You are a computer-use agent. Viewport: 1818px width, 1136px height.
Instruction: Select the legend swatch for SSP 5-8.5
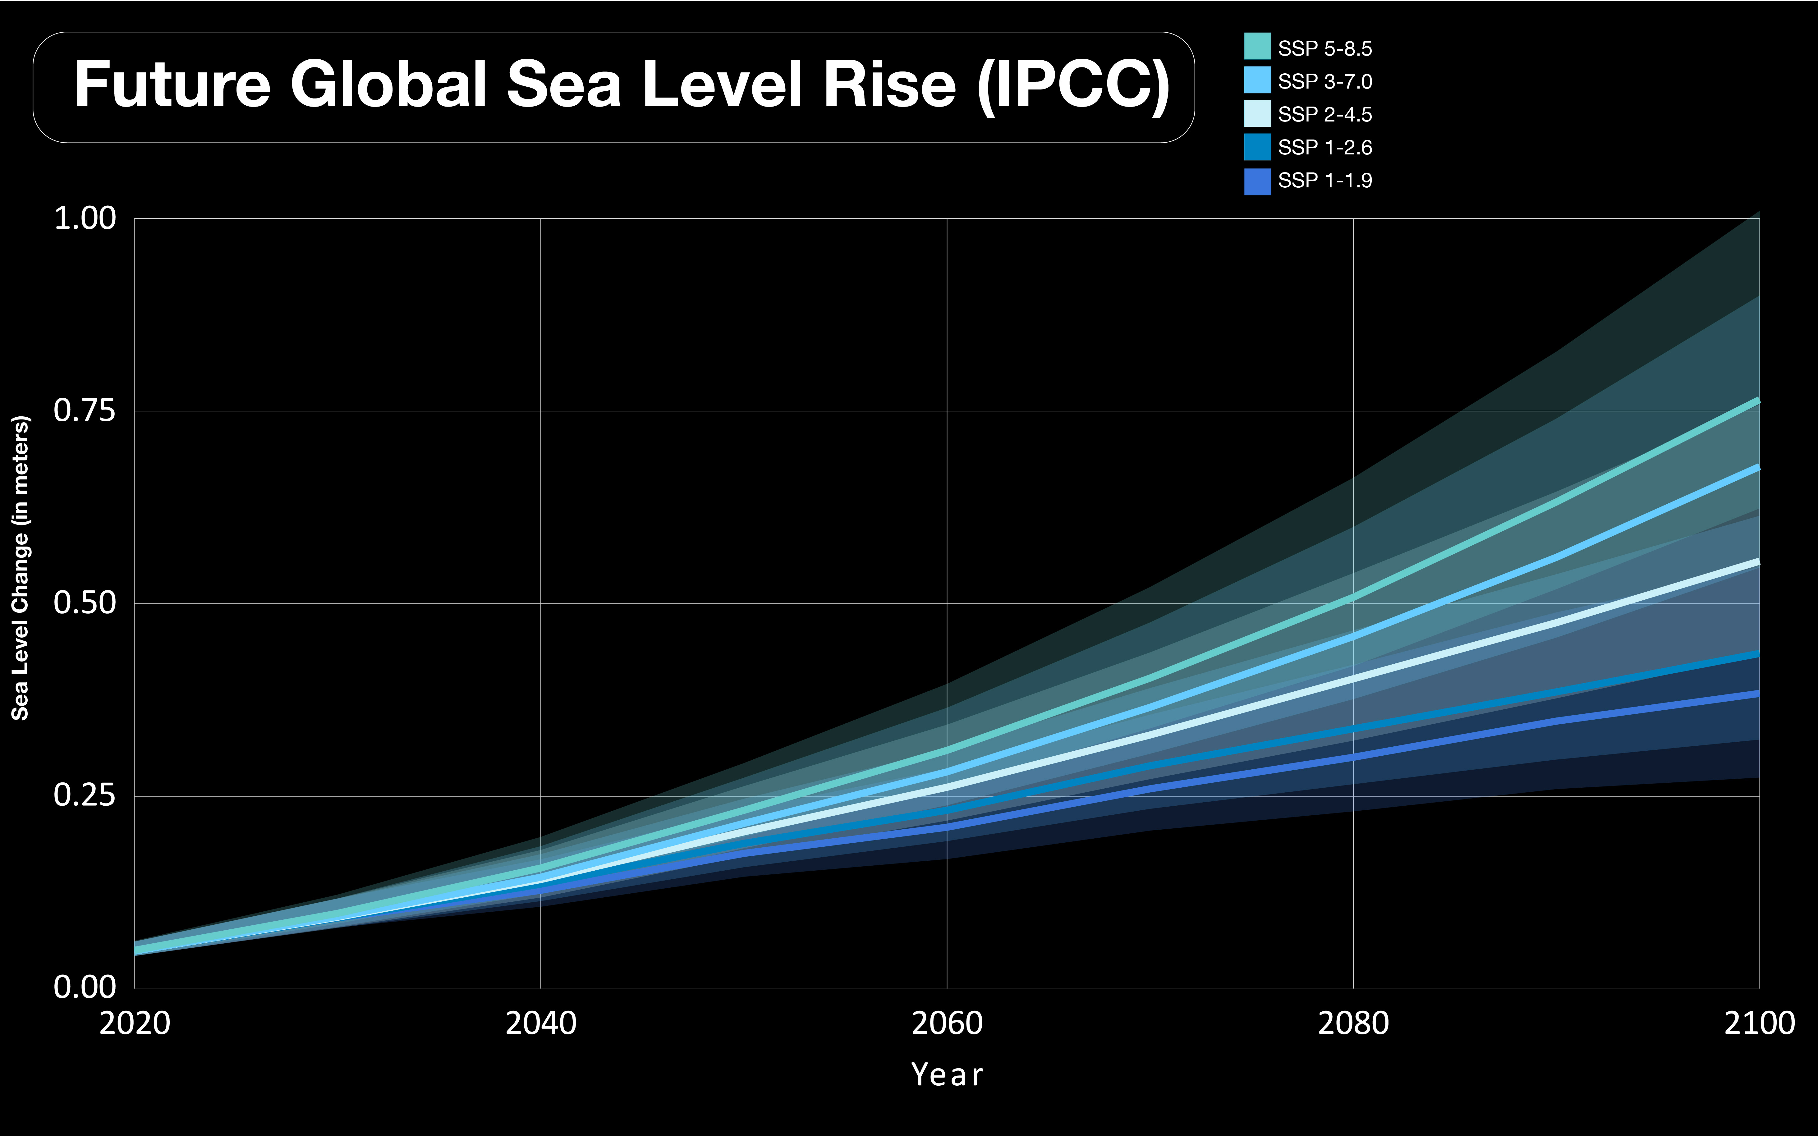click(1257, 47)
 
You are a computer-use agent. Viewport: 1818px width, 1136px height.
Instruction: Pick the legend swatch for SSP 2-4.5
click(1257, 113)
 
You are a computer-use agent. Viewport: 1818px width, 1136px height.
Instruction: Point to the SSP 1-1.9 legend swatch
click(1257, 181)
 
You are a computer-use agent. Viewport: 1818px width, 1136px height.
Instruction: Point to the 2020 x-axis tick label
click(135, 1023)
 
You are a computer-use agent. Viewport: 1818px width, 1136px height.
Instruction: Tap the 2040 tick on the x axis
click(541, 1023)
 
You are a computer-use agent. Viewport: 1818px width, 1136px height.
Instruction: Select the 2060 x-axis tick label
click(947, 1023)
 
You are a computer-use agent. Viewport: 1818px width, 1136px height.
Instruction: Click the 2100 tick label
click(1759, 1023)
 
